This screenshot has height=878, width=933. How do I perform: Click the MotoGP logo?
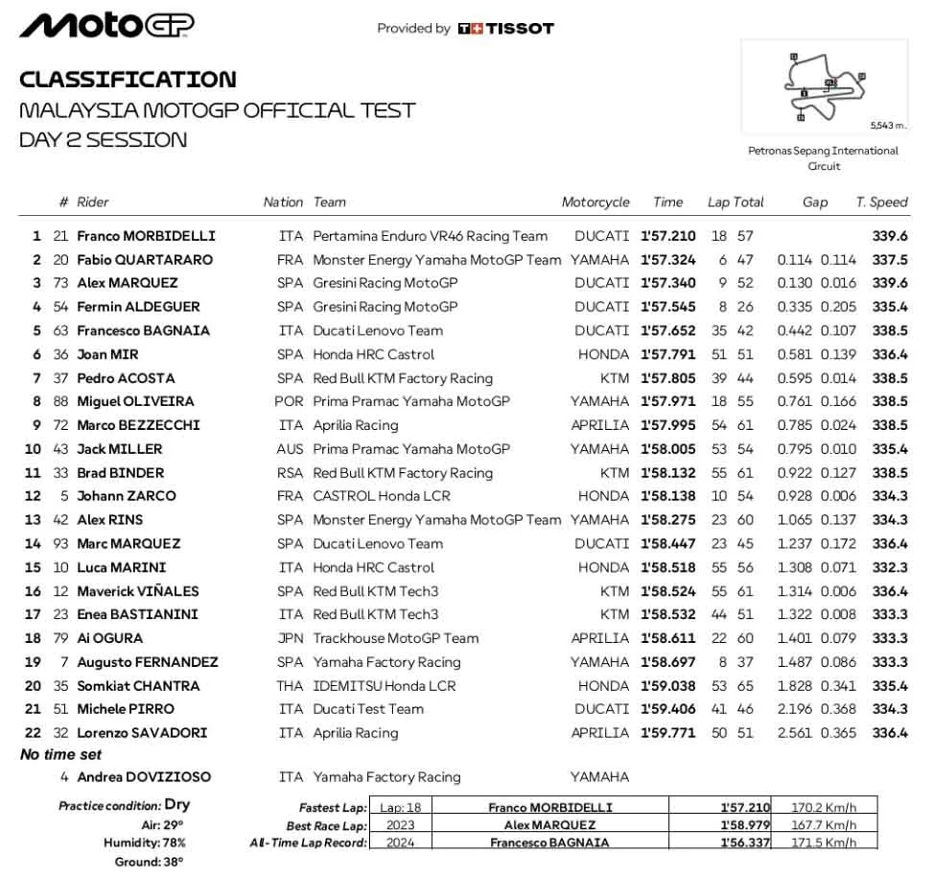coord(106,26)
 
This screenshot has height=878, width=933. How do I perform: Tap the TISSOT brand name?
coord(519,29)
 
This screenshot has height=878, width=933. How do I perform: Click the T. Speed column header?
coord(881,202)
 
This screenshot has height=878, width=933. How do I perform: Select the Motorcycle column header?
coord(595,202)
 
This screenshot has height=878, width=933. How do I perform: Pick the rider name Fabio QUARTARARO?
coord(145,260)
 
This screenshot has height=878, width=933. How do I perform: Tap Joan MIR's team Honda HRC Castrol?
coord(374,355)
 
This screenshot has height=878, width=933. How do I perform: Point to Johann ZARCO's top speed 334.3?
coord(890,497)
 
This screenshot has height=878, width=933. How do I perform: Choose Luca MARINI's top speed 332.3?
coord(890,568)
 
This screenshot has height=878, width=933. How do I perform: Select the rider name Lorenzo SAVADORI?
coord(142,733)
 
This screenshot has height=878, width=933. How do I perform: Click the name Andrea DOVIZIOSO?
coord(144,777)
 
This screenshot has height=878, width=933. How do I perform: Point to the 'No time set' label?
coord(61,755)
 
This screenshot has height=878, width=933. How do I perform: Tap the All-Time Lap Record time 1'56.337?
coord(745,842)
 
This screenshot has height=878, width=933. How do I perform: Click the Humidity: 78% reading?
coord(145,842)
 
